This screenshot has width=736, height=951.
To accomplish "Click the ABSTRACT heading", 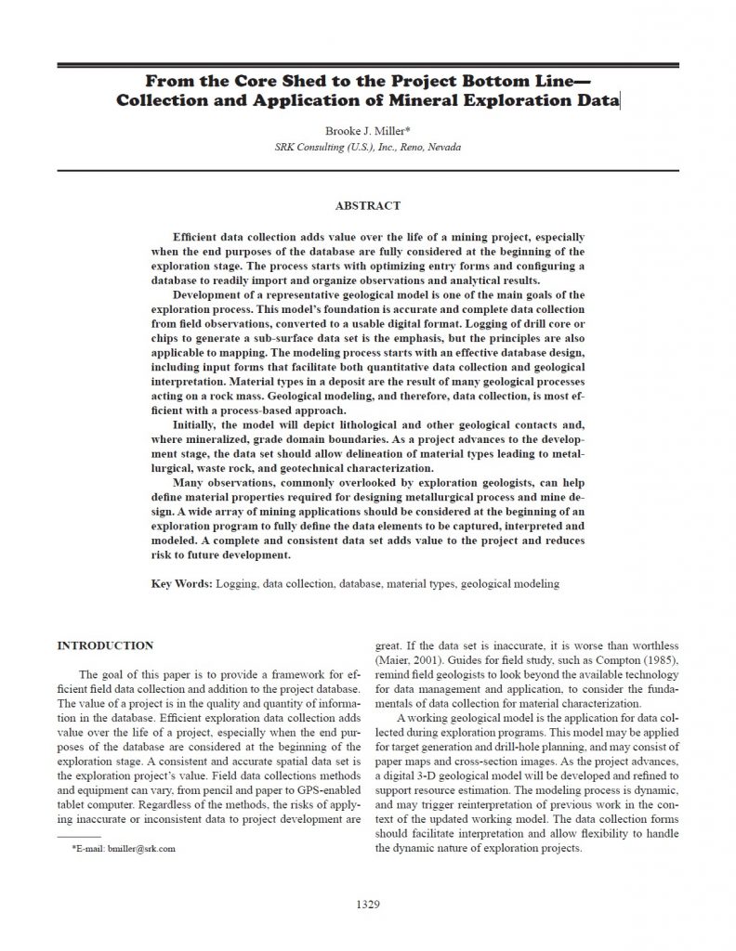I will coord(368,205).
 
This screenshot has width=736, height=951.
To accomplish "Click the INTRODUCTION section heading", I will coord(105,645).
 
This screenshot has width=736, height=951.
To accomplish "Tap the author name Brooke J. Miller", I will coord(364,133).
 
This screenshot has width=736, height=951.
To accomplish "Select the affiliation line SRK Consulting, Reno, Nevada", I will coord(368,148).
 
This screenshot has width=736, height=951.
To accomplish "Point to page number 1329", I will coord(368,904).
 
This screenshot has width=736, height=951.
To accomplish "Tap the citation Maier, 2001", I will coord(401,658).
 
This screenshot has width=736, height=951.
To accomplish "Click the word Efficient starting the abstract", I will coord(200,238).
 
